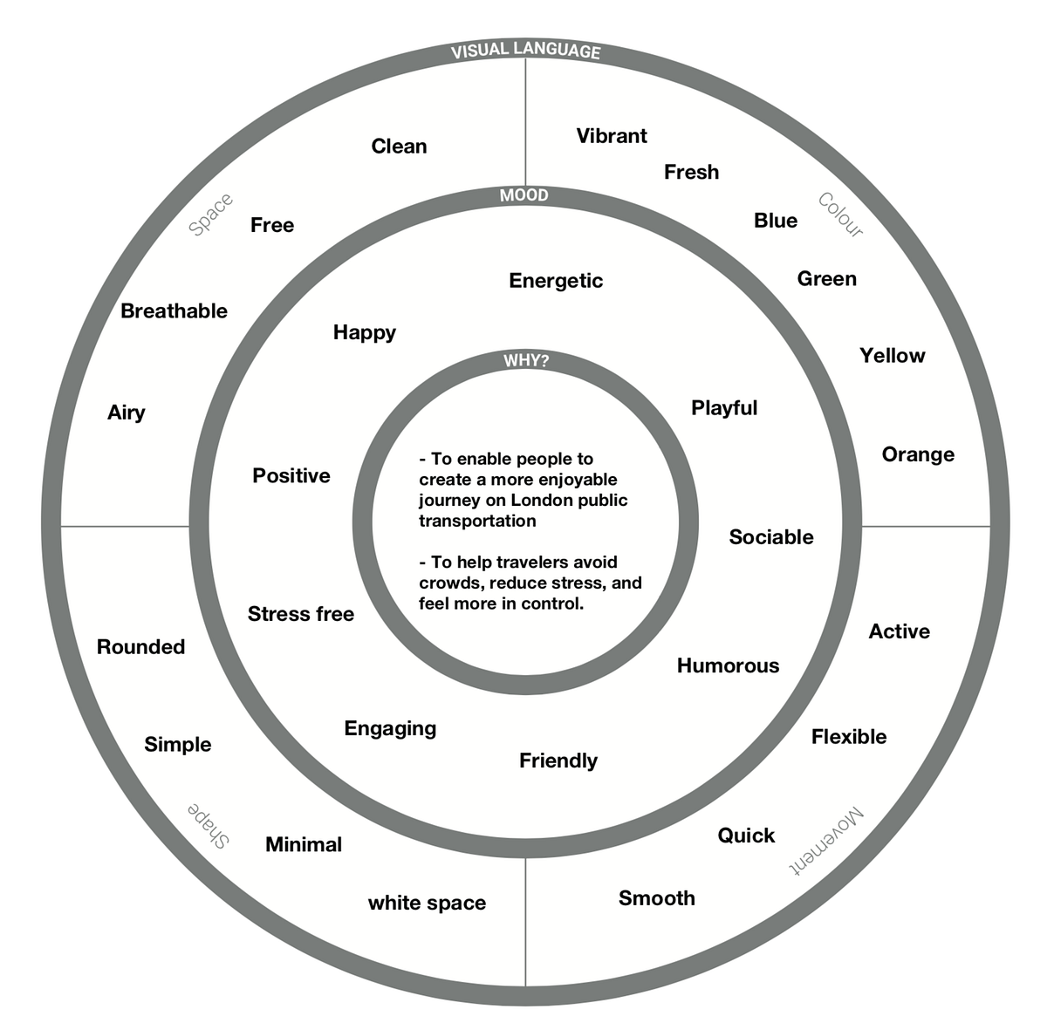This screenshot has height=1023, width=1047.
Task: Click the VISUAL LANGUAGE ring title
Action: pyautogui.click(x=525, y=51)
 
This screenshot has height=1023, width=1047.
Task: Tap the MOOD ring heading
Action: pyautogui.click(x=524, y=195)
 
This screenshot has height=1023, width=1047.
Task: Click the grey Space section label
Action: pyautogui.click(x=211, y=215)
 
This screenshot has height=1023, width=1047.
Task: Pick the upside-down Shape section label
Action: pyautogui.click(x=209, y=825)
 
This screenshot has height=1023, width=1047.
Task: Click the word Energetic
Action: pyautogui.click(x=556, y=281)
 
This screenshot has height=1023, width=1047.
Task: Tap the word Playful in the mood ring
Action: pyautogui.click(x=724, y=408)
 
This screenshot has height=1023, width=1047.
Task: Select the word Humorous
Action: pyautogui.click(x=728, y=666)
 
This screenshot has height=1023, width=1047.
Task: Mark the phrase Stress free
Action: pyautogui.click(x=301, y=614)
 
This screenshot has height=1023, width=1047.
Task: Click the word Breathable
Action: pyautogui.click(x=174, y=311)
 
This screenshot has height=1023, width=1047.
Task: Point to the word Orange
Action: pyautogui.click(x=918, y=454)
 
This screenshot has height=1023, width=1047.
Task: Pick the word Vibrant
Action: pyautogui.click(x=612, y=136)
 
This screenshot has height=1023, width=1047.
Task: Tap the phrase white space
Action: pyautogui.click(x=427, y=904)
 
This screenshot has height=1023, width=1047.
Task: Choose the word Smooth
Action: pyautogui.click(x=657, y=898)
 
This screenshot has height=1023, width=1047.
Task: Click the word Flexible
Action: pyautogui.click(x=849, y=737)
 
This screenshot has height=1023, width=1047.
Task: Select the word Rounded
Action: pyautogui.click(x=140, y=647)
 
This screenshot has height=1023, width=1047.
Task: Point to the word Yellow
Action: pyautogui.click(x=892, y=356)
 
